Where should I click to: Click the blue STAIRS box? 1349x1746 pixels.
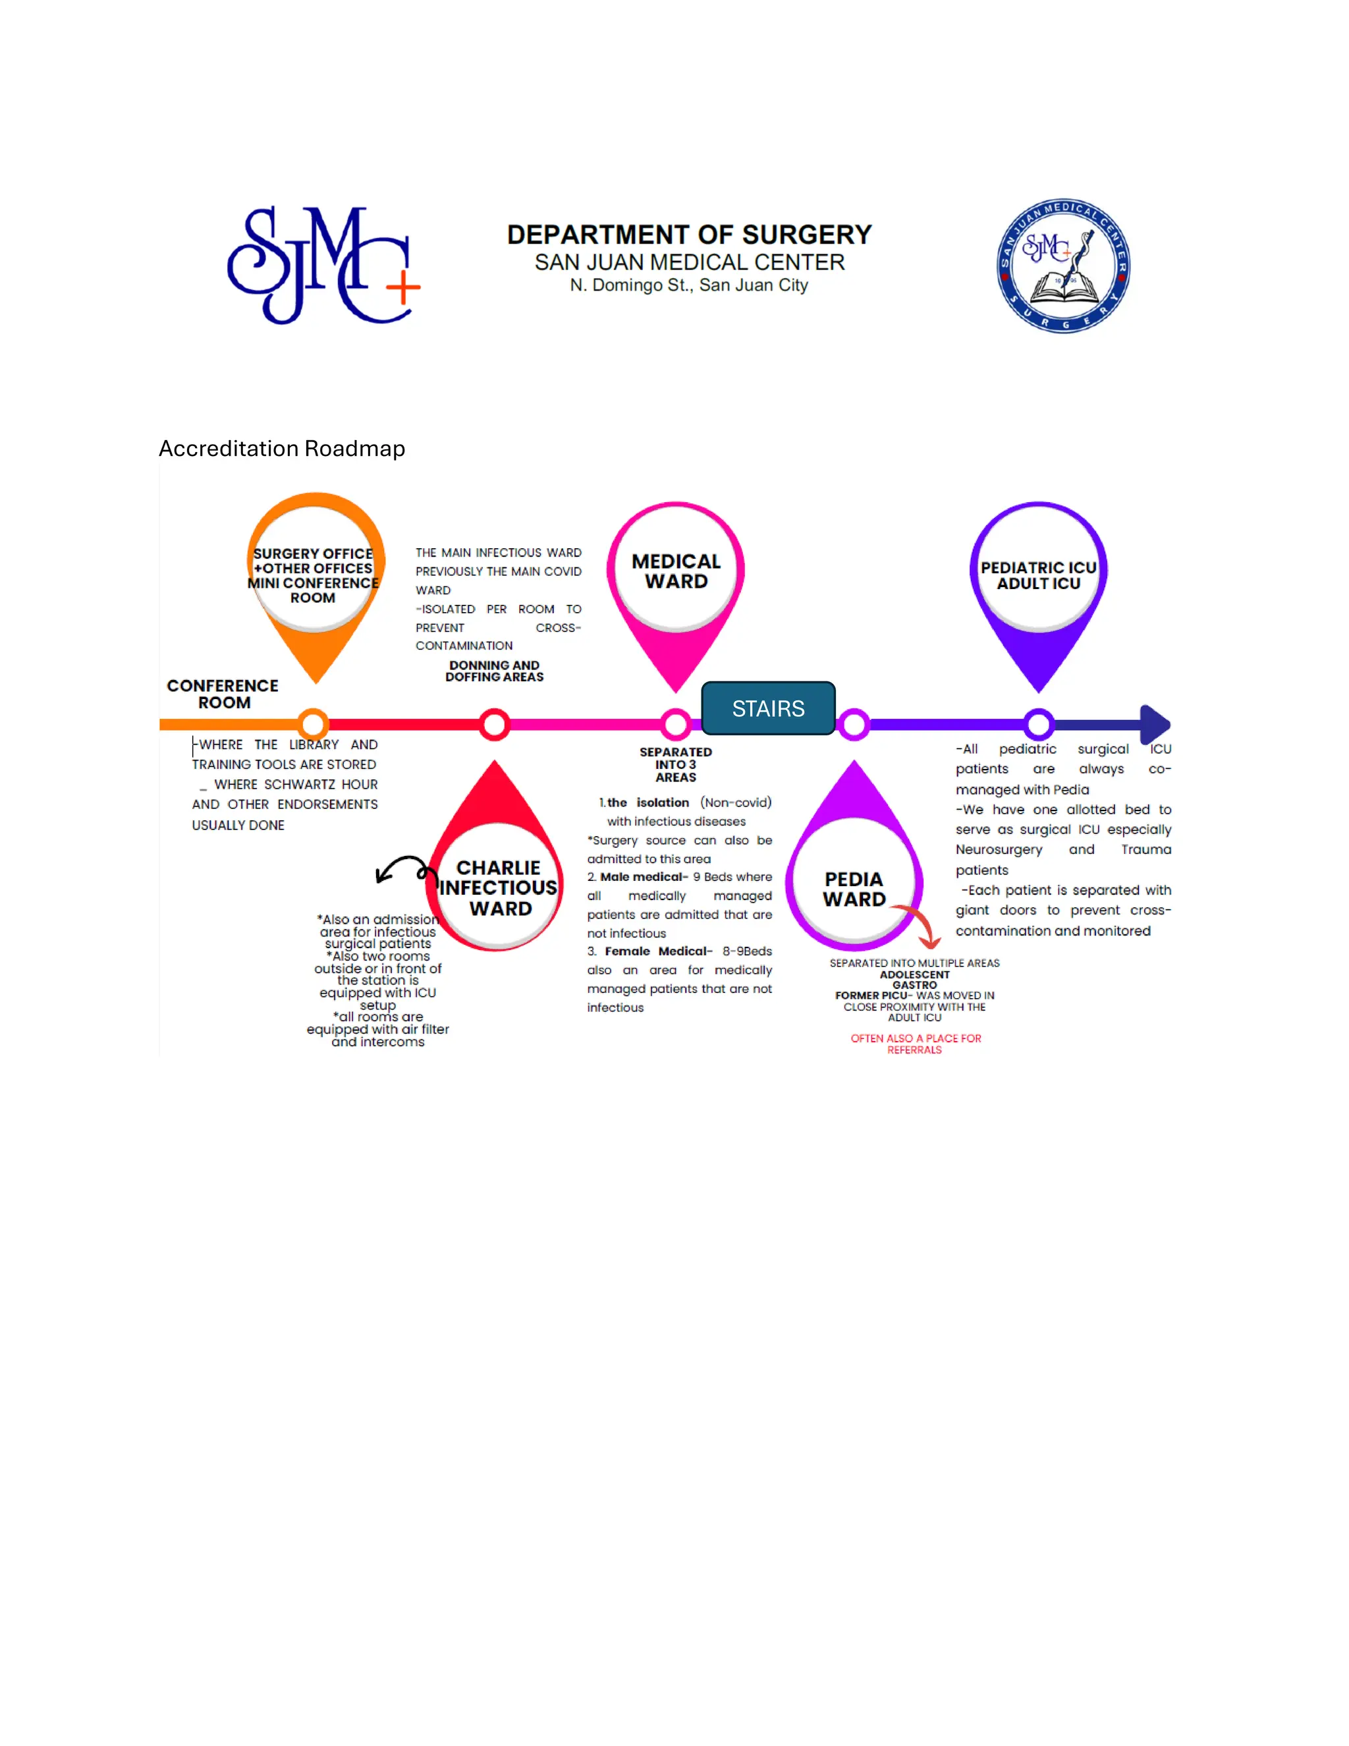[768, 708]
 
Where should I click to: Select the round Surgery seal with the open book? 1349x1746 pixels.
[1063, 266]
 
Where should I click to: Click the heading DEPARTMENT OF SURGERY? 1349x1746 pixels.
[689, 235]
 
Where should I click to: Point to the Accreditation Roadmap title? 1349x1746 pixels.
[281, 449]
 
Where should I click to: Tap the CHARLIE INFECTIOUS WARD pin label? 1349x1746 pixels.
[499, 888]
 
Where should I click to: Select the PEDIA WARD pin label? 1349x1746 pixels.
[854, 889]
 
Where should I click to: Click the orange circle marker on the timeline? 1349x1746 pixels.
[314, 724]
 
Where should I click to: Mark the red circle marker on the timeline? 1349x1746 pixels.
[495, 724]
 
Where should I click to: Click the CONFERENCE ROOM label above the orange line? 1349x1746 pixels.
[223, 694]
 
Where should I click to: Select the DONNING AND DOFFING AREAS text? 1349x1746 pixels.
[495, 671]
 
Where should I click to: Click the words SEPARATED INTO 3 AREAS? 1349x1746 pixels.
[675, 764]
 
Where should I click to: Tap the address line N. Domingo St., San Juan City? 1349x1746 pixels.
[689, 285]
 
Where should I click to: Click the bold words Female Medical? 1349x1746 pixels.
[657, 951]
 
